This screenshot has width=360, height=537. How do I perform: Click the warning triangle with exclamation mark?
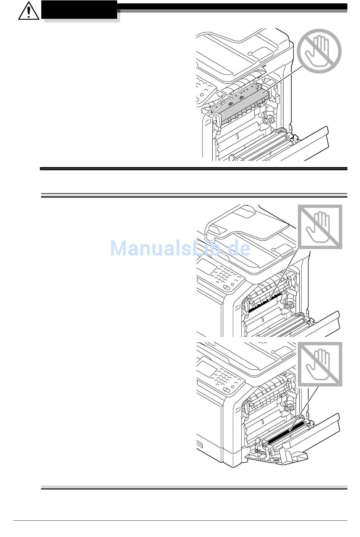[x=28, y=11]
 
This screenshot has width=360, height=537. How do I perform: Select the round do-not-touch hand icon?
[x=319, y=51]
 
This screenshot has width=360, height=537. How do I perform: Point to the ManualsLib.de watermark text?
[x=180, y=249]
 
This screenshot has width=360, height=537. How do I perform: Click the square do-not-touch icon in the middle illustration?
[x=320, y=227]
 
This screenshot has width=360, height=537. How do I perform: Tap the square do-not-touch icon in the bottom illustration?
[x=320, y=364]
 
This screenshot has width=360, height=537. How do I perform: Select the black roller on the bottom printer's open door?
[x=284, y=435]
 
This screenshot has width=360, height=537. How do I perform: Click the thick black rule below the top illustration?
[x=194, y=169]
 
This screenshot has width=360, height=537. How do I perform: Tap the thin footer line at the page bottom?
[x=180, y=521]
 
